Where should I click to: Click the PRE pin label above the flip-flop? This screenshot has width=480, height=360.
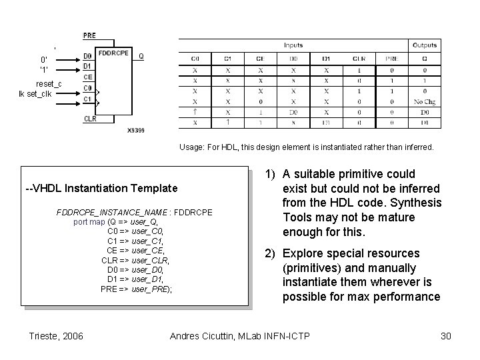[89, 35]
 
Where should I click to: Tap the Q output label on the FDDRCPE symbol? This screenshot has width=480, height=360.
[141, 57]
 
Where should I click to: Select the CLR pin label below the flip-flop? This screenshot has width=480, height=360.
[89, 119]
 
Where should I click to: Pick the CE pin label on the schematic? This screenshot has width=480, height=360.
[88, 77]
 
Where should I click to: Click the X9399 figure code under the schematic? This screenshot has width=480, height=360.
[135, 131]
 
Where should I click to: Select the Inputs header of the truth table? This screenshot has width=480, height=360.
[293, 45]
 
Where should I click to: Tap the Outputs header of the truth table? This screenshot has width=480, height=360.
[425, 45]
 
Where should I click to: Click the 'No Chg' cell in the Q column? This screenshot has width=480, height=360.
[425, 102]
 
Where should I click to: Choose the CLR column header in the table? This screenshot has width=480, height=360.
[359, 58]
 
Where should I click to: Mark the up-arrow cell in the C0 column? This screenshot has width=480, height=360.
[195, 113]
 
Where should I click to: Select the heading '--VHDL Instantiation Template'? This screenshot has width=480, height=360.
[101, 189]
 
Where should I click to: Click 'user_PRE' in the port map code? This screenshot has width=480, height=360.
[151, 289]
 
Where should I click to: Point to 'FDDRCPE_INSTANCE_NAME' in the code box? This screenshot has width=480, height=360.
[113, 212]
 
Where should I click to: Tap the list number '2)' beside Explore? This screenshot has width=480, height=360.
[272, 253]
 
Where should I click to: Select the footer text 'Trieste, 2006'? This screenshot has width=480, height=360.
[57, 335]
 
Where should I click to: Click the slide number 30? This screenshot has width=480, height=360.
[446, 335]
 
